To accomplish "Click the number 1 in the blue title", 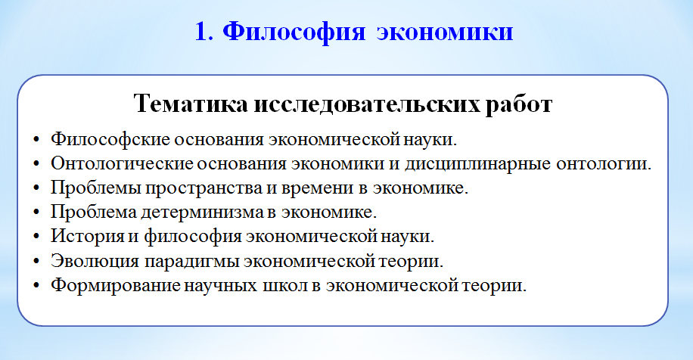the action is coord(200,32).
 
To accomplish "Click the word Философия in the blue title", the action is coord(294,33).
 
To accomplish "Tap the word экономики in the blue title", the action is coord(445,33).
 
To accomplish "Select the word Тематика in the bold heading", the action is coord(191,104).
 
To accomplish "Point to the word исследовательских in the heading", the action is coord(366,104).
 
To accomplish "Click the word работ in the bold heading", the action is coord(519,104).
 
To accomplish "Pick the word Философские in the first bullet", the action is coord(110,139).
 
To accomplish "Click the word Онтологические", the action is coord(122,163).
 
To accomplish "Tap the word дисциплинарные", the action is coord(478,163).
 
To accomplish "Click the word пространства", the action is coord(204,188).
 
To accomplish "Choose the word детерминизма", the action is coord(202,212).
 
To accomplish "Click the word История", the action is coord(88,235).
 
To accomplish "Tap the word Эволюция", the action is coord(95,260).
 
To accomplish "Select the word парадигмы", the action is coord(192,261).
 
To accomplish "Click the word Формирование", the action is coord(115,285).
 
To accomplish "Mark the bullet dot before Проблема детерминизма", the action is coord(36,213).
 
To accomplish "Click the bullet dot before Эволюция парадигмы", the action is coord(36,261).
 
